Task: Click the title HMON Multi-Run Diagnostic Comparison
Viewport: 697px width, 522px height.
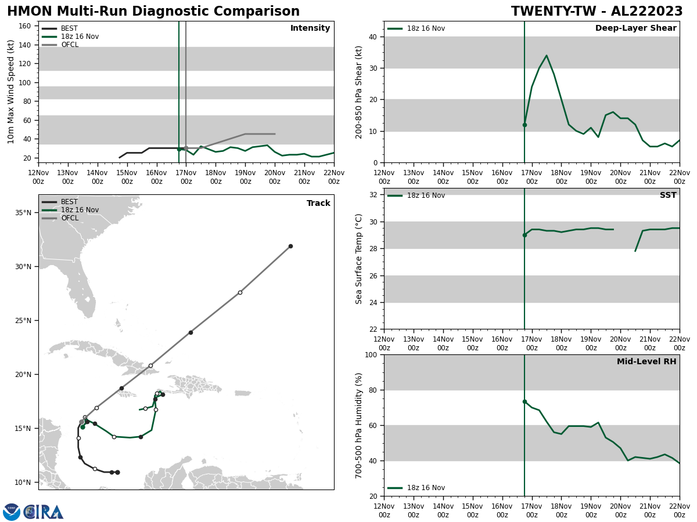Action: coord(153,12)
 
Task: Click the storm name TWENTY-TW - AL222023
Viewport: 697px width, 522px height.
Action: coord(597,12)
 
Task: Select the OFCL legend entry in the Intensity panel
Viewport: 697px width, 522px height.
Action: coord(69,45)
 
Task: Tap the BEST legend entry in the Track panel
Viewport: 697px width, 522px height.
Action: coord(69,202)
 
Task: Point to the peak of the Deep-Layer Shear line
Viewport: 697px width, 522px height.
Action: coord(546,56)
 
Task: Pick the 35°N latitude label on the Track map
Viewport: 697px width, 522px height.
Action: coord(23,213)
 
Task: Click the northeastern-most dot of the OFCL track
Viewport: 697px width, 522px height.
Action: coord(290,246)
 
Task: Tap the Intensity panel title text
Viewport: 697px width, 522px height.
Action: coord(310,28)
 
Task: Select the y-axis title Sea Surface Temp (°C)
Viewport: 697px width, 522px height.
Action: coord(359,259)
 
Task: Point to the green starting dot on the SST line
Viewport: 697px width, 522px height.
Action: coord(524,235)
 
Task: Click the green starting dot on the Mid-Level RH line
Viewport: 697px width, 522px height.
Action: coord(524,401)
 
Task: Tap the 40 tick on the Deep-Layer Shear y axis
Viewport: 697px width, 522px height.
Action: coord(372,37)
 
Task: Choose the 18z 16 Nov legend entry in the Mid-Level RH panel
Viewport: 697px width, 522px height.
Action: coord(426,488)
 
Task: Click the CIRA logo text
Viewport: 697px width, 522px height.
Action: coord(44,512)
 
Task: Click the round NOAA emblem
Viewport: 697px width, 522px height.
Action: coord(12,512)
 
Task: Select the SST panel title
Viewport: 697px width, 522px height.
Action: coord(668,195)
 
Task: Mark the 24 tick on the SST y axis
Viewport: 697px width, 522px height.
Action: coord(372,302)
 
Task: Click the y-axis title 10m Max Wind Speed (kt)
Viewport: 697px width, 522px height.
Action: coord(11,92)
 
